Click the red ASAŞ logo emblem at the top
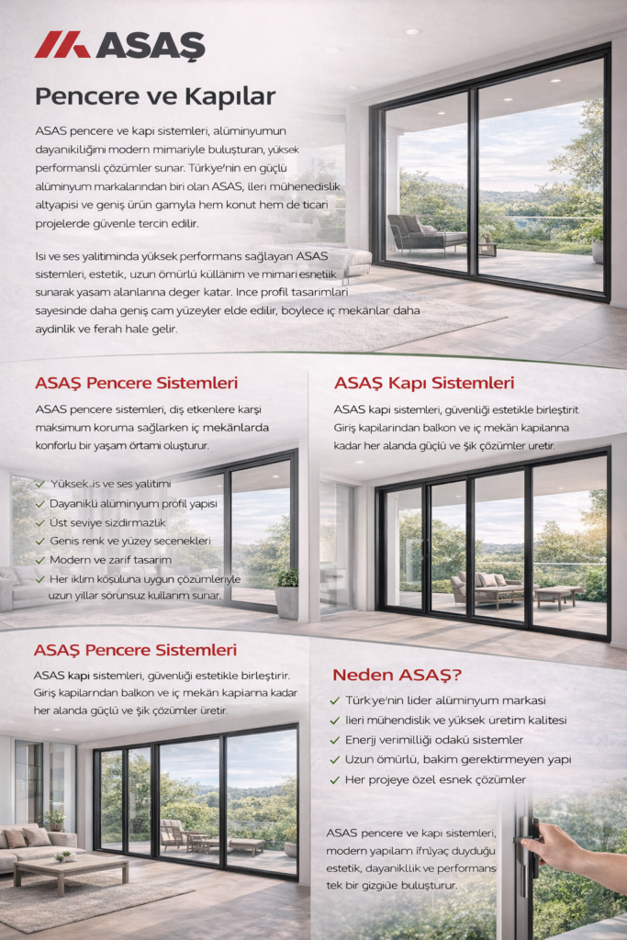(x=62, y=44)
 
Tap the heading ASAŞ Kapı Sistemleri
(x=424, y=383)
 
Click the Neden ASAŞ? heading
(x=397, y=675)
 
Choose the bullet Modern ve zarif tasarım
(x=110, y=559)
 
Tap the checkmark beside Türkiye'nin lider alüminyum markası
(x=335, y=700)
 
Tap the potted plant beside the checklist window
(x=287, y=592)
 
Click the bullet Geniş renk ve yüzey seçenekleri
(x=130, y=541)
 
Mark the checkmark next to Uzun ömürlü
(x=335, y=760)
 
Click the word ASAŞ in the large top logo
(x=150, y=45)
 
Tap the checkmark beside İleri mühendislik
(x=335, y=721)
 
